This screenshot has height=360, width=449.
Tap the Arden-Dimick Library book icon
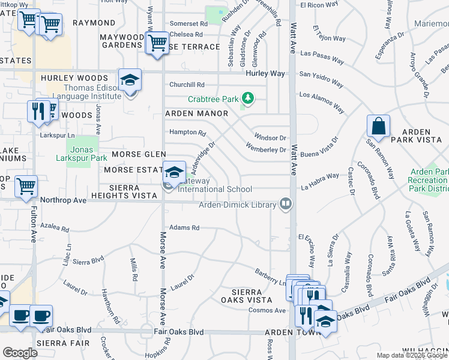tap(286, 205)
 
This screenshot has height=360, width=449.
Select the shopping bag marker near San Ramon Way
tap(379, 127)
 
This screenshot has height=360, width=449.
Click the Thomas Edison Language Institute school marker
tap(130, 80)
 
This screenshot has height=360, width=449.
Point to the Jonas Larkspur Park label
tap(82, 154)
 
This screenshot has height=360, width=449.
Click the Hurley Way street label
tap(264, 73)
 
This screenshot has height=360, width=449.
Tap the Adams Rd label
tap(184, 228)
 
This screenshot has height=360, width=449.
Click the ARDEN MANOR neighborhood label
tap(196, 113)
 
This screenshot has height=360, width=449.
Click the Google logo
tap(20, 353)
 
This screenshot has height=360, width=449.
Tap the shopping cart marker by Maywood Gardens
tap(157, 43)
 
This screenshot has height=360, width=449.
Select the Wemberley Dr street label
tap(266, 149)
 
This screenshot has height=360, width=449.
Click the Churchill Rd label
tap(187, 85)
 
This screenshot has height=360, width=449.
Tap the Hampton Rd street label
tap(188, 132)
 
